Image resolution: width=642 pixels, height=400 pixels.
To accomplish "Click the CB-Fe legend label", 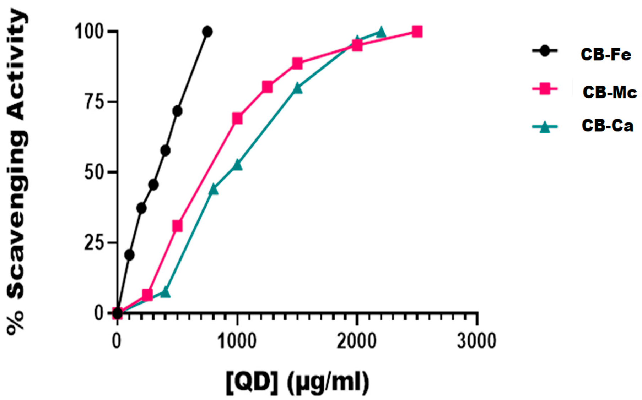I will pyautogui.click(x=605, y=55).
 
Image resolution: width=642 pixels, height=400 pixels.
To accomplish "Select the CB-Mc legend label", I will pyautogui.click(x=609, y=92).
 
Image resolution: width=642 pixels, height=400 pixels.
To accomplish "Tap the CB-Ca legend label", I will pyautogui.click(x=607, y=126).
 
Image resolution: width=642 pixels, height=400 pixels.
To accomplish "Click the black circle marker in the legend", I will pyautogui.click(x=545, y=51).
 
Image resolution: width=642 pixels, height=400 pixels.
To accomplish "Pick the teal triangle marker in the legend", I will pyautogui.click(x=545, y=127).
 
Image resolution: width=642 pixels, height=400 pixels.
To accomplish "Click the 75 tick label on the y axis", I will pyautogui.click(x=94, y=102).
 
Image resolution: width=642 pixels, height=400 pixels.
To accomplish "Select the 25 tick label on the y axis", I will pyautogui.click(x=94, y=243).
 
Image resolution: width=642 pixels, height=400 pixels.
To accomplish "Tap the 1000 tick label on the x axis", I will pyautogui.click(x=237, y=341).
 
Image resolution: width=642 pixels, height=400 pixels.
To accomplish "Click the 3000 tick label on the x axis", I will pyautogui.click(x=476, y=341).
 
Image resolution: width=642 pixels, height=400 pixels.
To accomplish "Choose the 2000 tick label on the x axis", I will pyautogui.click(x=356, y=341).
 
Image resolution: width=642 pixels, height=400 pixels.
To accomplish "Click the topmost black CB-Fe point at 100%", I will pyautogui.click(x=207, y=32).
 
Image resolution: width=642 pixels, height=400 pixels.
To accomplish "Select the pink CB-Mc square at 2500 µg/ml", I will pyautogui.click(x=417, y=32).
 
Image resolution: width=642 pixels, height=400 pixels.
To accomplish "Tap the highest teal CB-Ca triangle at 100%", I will pyautogui.click(x=381, y=32).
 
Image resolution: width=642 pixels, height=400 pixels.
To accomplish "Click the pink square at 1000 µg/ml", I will pyautogui.click(x=237, y=118).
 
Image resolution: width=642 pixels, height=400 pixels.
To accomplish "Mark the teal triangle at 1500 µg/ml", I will pyautogui.click(x=297, y=88).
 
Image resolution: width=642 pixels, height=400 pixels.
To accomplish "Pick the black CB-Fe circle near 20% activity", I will pyautogui.click(x=129, y=255).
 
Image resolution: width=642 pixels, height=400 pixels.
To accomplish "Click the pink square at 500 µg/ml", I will pyautogui.click(x=177, y=226).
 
